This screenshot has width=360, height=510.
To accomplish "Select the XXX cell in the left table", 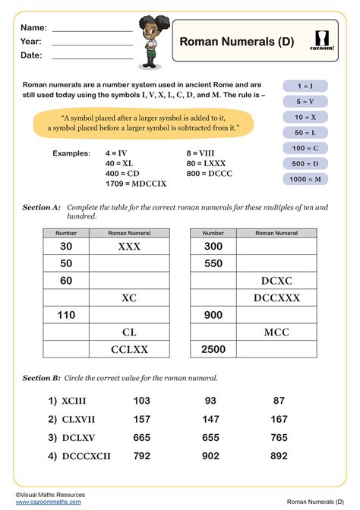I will click(129, 247).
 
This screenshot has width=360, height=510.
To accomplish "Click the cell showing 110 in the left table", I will click(65, 314).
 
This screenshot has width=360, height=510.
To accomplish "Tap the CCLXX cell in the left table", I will click(129, 348).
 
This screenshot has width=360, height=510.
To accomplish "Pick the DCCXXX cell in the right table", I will click(276, 297).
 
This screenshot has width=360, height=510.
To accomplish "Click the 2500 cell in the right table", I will click(213, 348).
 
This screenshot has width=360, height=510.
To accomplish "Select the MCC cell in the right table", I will click(276, 332).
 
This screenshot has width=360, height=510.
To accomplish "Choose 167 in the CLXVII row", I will click(279, 419).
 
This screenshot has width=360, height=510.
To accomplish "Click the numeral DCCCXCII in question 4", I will click(80, 457).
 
